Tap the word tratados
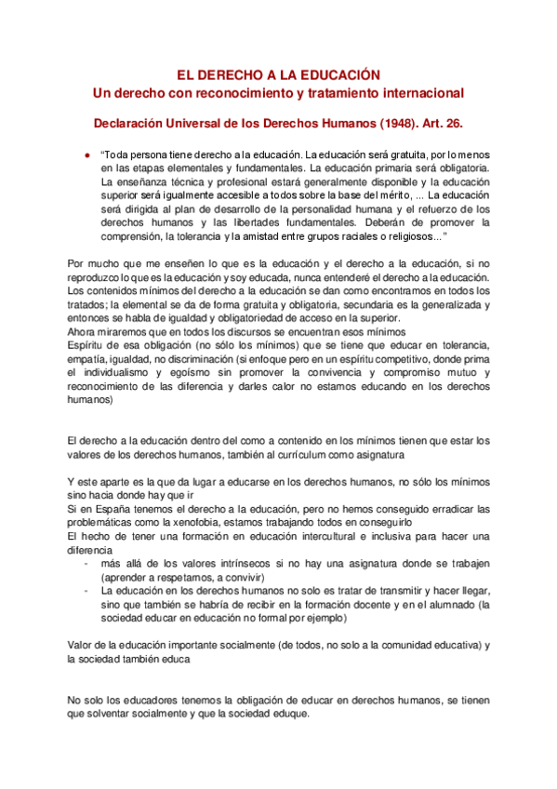(89, 303)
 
